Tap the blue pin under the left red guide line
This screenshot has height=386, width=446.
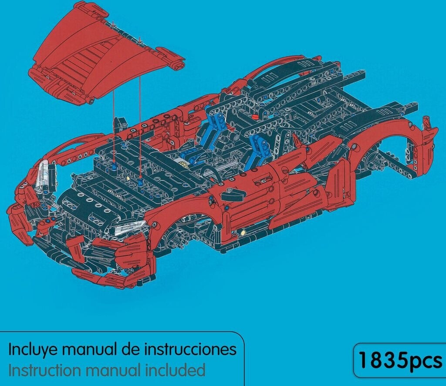pyautogui.click(x=114, y=165)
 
